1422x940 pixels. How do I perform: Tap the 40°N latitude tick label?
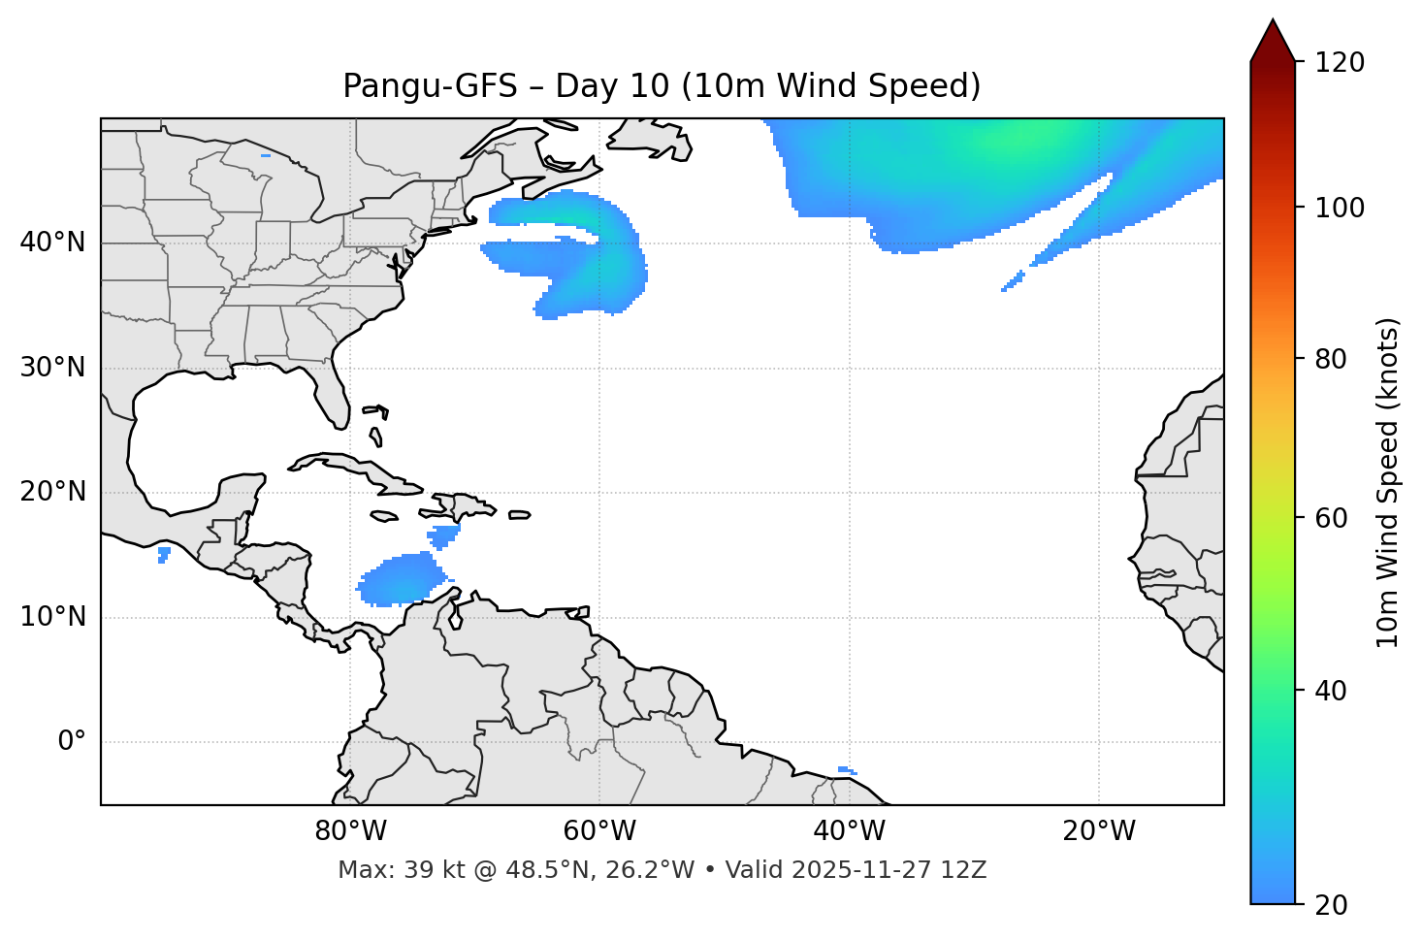[x=52, y=243]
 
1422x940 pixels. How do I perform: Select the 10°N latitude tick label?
[x=52, y=617]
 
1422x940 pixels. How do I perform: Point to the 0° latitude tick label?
[x=72, y=742]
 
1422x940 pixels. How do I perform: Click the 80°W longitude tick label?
[x=350, y=831]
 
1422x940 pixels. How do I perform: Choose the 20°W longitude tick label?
[x=1099, y=831]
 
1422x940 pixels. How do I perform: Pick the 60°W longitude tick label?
[x=599, y=831]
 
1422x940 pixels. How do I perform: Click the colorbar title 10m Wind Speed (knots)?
[x=1388, y=482]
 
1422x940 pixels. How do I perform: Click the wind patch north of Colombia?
[x=401, y=580]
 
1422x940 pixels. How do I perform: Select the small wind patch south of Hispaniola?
[x=444, y=534]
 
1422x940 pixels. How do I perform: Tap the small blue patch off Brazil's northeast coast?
[x=846, y=770]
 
